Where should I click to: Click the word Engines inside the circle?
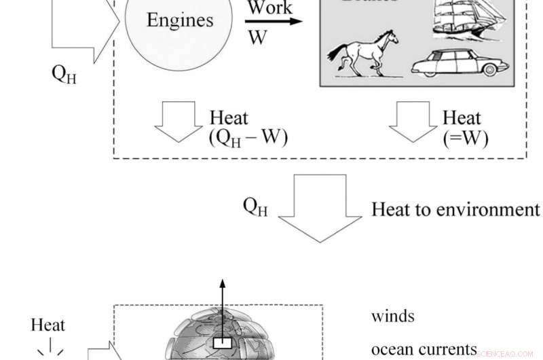(180, 20)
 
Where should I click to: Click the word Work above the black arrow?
(269, 8)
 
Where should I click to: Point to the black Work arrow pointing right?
(274, 21)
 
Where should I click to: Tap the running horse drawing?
(361, 54)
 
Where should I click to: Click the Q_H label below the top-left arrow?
(64, 73)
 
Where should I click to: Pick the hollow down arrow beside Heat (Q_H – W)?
(179, 122)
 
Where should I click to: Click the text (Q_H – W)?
(248, 137)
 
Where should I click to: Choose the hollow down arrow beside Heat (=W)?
(413, 122)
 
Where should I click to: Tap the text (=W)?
(466, 138)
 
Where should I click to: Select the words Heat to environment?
(455, 209)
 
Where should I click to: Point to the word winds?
(392, 316)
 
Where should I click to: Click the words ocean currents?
(424, 349)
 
